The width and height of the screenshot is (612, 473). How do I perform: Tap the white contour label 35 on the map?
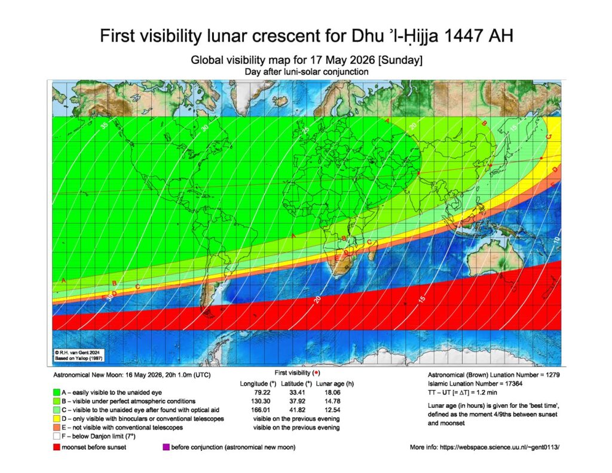click(104, 126)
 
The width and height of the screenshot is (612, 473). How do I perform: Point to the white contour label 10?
click(555, 239)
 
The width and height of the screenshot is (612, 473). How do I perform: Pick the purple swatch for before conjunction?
click(166, 447)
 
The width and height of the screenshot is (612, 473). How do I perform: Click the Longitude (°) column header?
click(258, 383)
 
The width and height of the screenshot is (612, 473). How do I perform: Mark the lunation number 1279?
click(547, 374)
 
